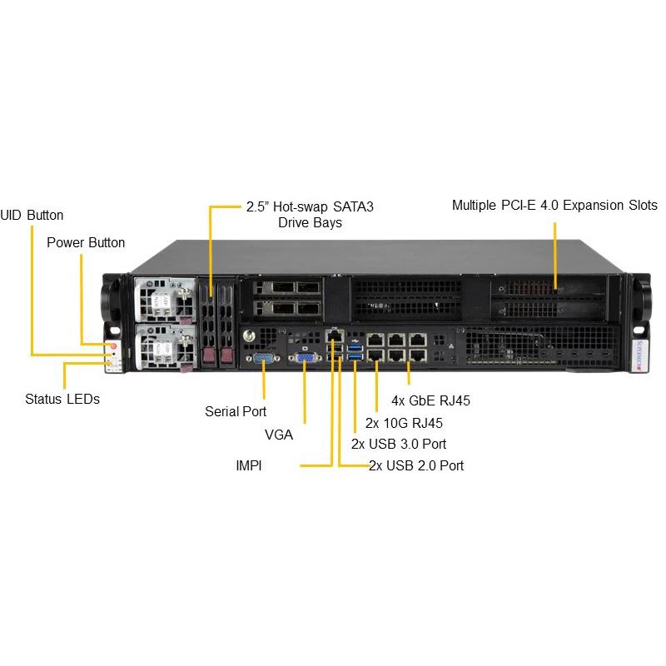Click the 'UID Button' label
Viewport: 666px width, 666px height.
[x=32, y=215]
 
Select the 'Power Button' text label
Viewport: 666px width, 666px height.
[x=86, y=242]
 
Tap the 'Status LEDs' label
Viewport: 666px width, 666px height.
[x=62, y=399]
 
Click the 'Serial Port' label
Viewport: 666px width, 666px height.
[x=236, y=411]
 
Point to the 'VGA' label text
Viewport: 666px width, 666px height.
[x=279, y=434]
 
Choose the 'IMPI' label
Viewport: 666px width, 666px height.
[x=249, y=466]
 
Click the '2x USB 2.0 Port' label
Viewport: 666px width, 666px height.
[x=417, y=465]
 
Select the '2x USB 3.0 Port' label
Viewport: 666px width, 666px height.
[x=399, y=444]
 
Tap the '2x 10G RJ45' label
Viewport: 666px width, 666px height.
[x=405, y=422]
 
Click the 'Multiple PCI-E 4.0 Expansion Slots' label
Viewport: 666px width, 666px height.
[x=554, y=205]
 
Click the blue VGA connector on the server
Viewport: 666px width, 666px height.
[x=305, y=359]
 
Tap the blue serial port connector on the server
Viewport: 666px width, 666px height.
[x=263, y=360]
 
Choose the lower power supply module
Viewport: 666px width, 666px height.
[x=163, y=343]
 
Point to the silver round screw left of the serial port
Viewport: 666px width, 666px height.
[x=247, y=337]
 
